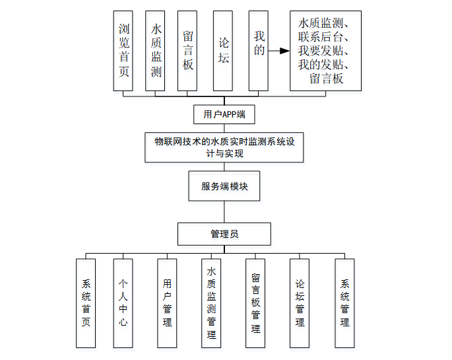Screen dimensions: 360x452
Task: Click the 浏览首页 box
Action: (x=123, y=50)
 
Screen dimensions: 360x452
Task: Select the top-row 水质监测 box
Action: (x=156, y=50)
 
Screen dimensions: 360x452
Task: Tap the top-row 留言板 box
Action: (x=188, y=50)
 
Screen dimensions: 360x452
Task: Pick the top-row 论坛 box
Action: (x=223, y=50)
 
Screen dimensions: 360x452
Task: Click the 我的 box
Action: (x=259, y=50)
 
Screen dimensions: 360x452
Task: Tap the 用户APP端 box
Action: (x=224, y=114)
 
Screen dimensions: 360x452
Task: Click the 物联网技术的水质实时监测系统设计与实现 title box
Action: (x=224, y=147)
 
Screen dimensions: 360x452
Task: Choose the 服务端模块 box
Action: (x=224, y=186)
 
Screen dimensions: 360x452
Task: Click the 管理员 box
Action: (x=224, y=234)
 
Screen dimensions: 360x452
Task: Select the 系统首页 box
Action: (x=86, y=303)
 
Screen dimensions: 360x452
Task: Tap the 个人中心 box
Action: (x=123, y=303)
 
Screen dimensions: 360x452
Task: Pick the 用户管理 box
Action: (x=167, y=303)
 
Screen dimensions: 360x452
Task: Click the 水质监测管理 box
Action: (x=211, y=303)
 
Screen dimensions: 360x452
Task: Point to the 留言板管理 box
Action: (x=255, y=303)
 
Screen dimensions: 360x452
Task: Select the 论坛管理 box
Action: (x=300, y=303)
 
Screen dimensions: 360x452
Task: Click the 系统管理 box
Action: (x=344, y=303)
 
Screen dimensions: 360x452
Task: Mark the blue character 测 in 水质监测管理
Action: (x=211, y=308)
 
